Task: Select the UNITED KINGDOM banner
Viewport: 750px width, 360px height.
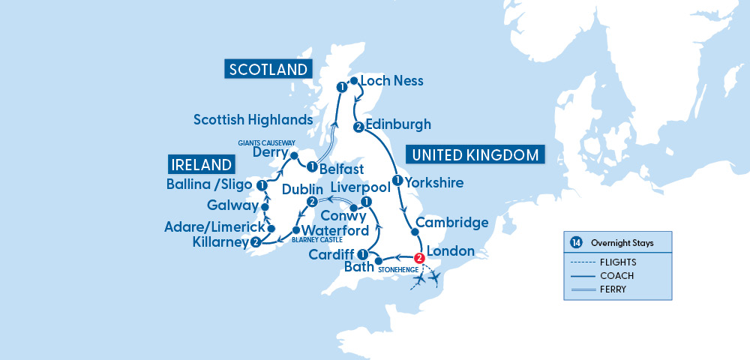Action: coord(475,155)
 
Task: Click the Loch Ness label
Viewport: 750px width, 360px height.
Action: coord(391,81)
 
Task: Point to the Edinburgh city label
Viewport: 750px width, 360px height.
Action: coord(399,124)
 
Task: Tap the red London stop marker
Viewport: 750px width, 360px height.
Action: coord(420,259)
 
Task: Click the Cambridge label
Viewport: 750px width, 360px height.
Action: coord(452,223)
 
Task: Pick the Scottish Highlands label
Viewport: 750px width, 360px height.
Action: coord(253,119)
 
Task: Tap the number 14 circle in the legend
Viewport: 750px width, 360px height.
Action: coord(576,243)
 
